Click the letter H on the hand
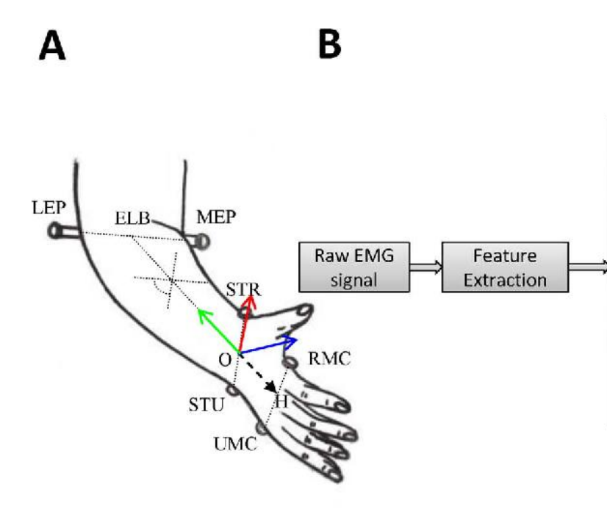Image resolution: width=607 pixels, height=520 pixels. point(281,401)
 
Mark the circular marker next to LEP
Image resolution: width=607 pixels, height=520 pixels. point(54,231)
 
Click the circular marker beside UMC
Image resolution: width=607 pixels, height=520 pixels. point(261,428)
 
